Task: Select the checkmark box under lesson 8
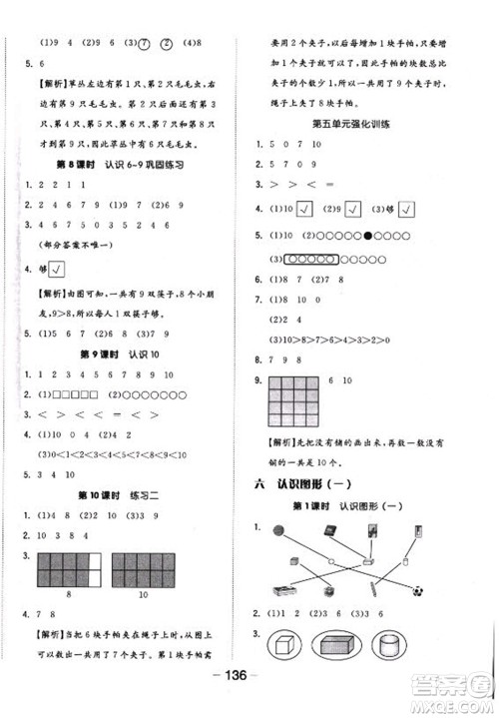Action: (58, 268)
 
